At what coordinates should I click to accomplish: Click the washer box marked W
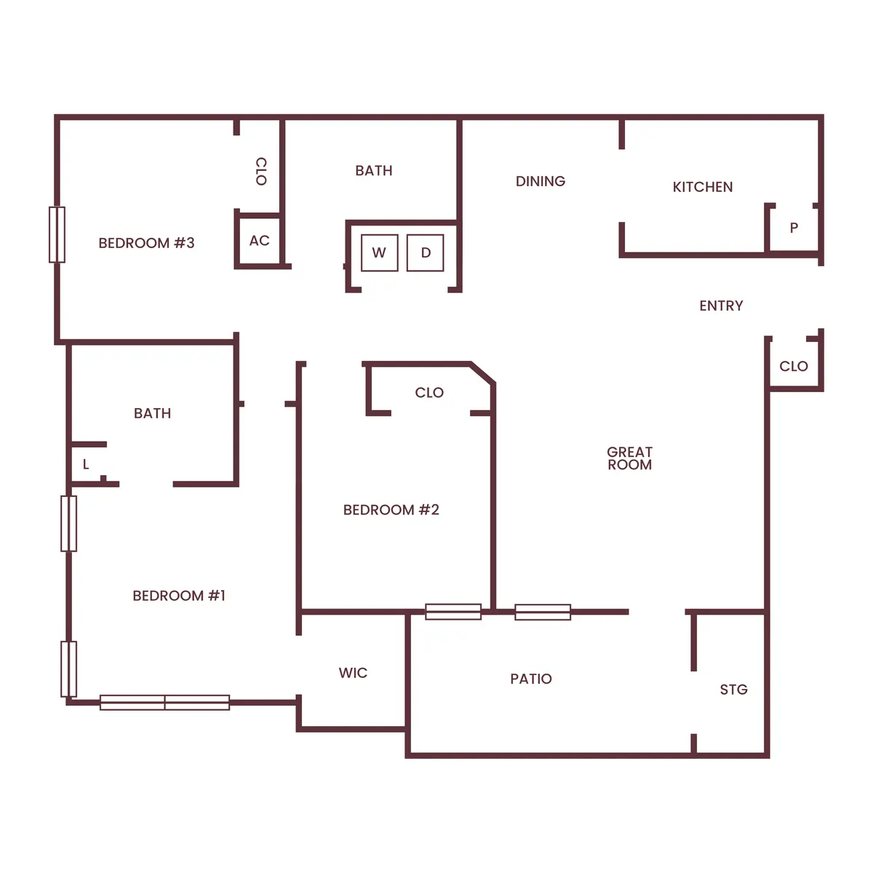click(x=379, y=253)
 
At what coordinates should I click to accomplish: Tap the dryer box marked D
click(x=426, y=253)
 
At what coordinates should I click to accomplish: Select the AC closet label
click(x=260, y=241)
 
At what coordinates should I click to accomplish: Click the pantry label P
click(x=794, y=228)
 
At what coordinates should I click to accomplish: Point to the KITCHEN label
click(x=702, y=187)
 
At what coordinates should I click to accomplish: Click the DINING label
click(x=540, y=181)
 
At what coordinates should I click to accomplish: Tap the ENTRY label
click(x=721, y=306)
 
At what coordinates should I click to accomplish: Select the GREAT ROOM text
click(x=629, y=458)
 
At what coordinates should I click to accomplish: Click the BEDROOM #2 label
click(x=391, y=510)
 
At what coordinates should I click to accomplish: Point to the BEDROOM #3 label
click(x=146, y=243)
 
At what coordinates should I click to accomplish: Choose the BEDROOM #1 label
click(x=179, y=596)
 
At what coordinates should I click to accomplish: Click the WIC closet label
click(x=353, y=673)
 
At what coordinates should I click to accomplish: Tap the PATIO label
click(x=530, y=679)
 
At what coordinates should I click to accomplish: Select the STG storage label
click(x=733, y=690)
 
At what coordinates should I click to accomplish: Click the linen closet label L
click(x=86, y=464)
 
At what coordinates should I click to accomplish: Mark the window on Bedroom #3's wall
click(x=57, y=234)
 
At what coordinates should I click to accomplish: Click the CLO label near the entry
click(x=793, y=366)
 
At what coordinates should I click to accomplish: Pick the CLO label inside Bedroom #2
click(x=429, y=393)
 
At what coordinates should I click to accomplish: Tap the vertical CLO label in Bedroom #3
click(x=261, y=171)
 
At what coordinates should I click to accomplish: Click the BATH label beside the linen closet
click(x=152, y=413)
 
